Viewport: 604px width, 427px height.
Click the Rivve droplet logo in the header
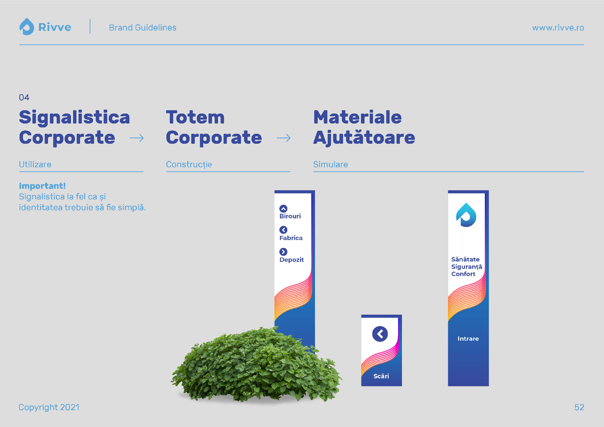coord(27,27)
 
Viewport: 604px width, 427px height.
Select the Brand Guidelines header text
coord(143,27)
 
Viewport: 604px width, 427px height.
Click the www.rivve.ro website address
coord(558,27)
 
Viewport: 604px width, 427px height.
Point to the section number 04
coord(24,97)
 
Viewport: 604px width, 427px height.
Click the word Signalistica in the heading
coord(74,117)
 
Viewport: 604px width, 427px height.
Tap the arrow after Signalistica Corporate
coord(137,138)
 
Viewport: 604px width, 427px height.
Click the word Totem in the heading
coord(195,117)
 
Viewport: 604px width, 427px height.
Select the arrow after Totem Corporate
coord(284,138)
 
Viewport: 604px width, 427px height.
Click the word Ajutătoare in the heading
coord(364,137)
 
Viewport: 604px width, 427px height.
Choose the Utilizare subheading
coord(35,164)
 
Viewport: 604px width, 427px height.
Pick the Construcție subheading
coord(189,164)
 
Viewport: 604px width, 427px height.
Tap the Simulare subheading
coord(330,164)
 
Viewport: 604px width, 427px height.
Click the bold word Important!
coord(42,186)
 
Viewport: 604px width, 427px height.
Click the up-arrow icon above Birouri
coord(283,209)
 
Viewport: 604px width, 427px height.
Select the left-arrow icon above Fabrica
coord(283,230)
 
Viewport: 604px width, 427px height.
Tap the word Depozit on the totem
coord(291,260)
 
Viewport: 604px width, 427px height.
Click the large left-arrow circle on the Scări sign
coord(380,334)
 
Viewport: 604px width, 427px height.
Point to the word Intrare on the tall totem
coord(468,339)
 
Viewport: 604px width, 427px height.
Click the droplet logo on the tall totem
coord(466,215)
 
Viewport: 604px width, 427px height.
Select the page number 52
coord(579,407)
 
